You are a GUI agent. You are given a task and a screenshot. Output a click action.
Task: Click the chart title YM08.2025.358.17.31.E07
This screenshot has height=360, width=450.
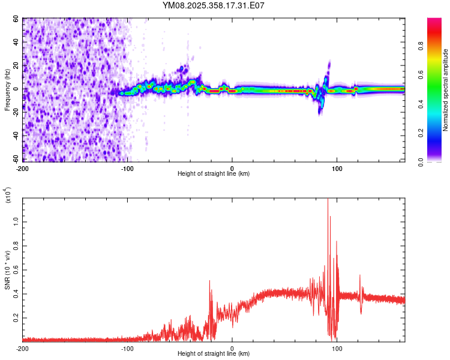click(x=214, y=5)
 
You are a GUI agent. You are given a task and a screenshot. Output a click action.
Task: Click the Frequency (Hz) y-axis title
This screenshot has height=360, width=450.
click(x=7, y=90)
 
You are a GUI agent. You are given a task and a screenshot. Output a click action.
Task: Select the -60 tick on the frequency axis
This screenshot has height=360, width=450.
click(x=16, y=160)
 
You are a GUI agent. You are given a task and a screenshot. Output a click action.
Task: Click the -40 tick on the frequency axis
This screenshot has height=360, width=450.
click(x=16, y=136)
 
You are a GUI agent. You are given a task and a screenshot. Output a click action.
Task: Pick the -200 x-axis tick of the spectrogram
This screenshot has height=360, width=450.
click(x=23, y=168)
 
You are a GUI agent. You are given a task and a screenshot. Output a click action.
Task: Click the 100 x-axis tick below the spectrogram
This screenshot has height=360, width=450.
click(x=337, y=168)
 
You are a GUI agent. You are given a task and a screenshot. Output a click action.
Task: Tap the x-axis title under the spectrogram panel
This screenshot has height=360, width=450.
click(x=214, y=174)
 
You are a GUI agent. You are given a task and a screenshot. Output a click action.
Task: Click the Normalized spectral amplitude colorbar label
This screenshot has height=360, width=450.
click(x=446, y=90)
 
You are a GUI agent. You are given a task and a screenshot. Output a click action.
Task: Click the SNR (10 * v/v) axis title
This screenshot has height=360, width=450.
click(x=7, y=270)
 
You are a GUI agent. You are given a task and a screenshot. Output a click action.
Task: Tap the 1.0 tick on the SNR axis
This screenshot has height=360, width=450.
click(x=16, y=221)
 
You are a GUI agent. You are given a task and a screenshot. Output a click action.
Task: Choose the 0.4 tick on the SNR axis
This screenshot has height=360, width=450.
click(x=16, y=293)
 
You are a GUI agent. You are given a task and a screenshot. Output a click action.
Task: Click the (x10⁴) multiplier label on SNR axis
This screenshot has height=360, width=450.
click(x=8, y=194)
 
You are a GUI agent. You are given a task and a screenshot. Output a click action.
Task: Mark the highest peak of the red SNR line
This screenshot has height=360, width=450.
click(x=328, y=199)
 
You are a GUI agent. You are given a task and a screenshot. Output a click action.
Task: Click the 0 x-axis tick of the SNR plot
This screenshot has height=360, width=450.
click(x=232, y=349)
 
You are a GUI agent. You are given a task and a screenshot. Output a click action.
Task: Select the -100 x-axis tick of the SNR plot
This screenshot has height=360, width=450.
click(x=127, y=349)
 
